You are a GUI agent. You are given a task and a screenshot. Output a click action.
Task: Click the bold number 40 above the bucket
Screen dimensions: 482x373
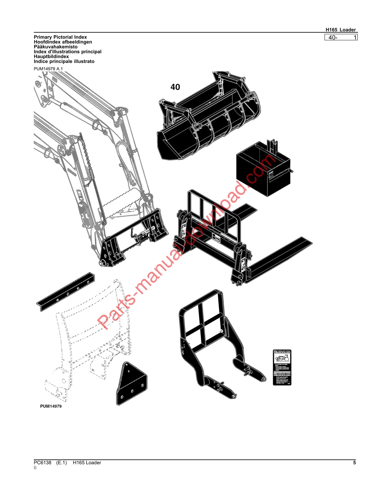[x=175, y=87]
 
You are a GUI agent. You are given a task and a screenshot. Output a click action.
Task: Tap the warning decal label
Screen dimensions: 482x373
[x=282, y=367]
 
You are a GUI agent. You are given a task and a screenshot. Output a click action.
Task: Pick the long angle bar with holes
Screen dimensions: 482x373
[x=66, y=292]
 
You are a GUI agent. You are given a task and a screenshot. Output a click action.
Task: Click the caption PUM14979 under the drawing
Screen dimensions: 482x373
[x=51, y=406]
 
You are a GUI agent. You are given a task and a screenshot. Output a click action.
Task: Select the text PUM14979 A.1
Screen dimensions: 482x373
[x=48, y=69]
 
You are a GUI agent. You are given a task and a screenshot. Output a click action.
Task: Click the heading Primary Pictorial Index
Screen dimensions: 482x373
[x=60, y=37]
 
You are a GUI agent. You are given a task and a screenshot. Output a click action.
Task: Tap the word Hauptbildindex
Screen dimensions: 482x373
[x=51, y=56]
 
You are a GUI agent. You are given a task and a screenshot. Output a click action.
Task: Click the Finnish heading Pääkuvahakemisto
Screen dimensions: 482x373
[x=55, y=47]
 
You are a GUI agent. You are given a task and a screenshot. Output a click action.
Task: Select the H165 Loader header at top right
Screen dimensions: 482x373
[x=340, y=30]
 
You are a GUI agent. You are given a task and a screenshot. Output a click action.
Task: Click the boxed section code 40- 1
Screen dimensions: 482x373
[x=341, y=38]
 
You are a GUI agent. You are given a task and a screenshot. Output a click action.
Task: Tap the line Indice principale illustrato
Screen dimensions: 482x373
[x=64, y=61]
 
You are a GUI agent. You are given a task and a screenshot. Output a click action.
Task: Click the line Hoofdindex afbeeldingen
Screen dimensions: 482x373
[x=63, y=42]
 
